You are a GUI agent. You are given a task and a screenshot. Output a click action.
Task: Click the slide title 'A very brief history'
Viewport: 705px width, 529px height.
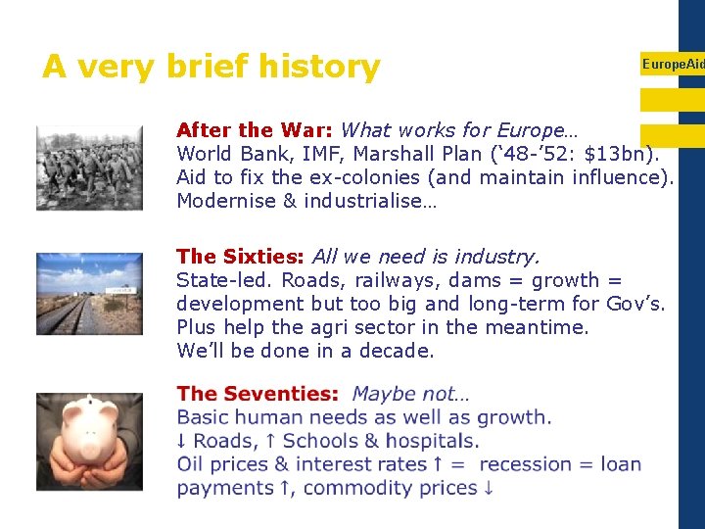tap(211, 67)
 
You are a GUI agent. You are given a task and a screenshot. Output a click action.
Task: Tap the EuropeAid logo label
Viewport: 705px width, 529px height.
tap(672, 64)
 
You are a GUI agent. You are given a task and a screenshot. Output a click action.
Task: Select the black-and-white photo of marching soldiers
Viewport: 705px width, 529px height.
tap(89, 168)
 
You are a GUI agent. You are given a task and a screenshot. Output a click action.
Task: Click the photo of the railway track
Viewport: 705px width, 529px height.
tap(89, 293)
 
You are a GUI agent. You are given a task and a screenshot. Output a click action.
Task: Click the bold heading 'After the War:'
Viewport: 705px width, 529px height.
tap(255, 130)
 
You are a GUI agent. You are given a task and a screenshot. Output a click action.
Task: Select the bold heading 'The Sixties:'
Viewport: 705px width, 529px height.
tap(241, 257)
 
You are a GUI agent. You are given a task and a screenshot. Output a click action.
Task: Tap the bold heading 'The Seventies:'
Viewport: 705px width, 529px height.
tap(257, 394)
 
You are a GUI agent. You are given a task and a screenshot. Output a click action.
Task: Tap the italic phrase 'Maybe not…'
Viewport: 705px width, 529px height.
tap(410, 394)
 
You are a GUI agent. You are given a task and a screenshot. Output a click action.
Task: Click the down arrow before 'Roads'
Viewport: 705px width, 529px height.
tap(182, 441)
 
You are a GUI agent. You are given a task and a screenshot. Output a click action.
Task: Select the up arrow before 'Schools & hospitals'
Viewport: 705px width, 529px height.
tap(270, 441)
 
